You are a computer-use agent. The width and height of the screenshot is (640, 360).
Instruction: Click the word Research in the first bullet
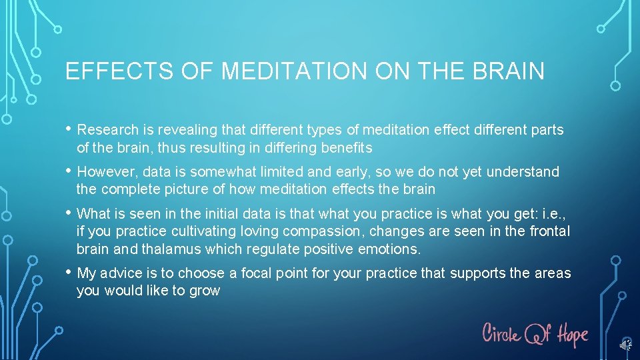pos(109,130)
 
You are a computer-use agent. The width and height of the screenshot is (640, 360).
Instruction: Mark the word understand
pos(523,172)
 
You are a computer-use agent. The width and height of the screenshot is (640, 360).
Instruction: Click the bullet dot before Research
pos(69,129)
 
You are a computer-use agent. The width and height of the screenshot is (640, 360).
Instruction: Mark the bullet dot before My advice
pos(69,272)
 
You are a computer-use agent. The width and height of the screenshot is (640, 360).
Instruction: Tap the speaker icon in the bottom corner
pos(625,345)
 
